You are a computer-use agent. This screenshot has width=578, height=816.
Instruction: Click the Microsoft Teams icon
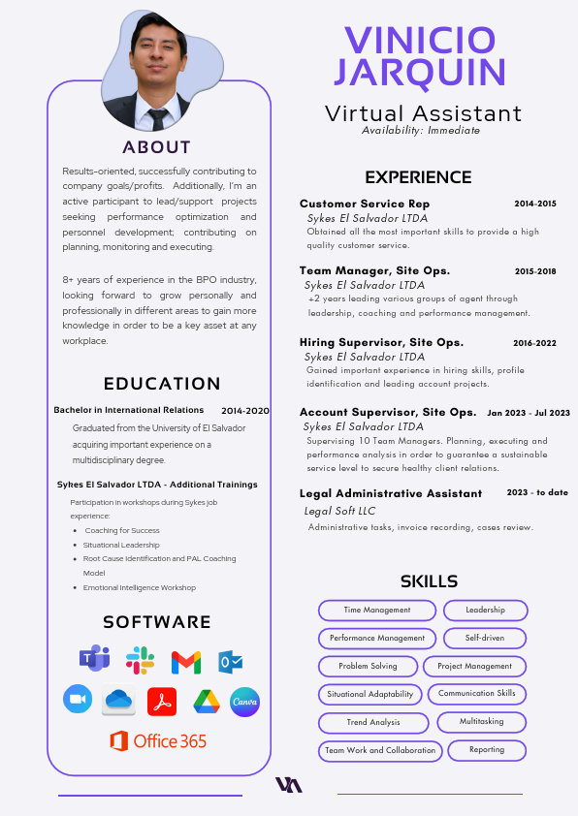click(94, 659)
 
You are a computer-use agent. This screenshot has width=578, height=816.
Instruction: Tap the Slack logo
click(140, 660)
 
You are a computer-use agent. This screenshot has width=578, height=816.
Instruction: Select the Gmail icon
click(186, 662)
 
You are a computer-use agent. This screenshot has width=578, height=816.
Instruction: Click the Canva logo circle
click(244, 702)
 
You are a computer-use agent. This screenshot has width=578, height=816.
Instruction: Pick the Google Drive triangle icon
click(207, 701)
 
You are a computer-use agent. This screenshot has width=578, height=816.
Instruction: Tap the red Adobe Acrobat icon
click(161, 701)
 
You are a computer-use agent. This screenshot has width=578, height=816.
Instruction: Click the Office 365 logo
click(158, 741)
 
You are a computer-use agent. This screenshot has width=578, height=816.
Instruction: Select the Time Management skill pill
click(376, 611)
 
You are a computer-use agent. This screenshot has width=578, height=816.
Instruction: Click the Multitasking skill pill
click(481, 722)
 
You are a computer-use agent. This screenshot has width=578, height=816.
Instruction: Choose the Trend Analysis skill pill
click(373, 723)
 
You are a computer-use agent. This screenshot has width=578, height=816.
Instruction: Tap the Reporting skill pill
click(487, 750)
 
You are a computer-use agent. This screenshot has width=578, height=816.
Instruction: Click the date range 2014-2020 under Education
click(245, 411)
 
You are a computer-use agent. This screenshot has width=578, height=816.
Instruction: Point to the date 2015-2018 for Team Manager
click(535, 271)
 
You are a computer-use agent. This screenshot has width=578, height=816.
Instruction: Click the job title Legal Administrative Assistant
click(391, 493)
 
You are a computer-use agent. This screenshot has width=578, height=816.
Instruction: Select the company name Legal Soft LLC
click(340, 511)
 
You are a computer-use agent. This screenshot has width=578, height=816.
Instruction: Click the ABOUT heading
click(157, 147)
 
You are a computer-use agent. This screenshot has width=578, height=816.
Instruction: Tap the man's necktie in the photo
click(157, 118)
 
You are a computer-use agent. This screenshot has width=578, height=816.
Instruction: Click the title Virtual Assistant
click(423, 113)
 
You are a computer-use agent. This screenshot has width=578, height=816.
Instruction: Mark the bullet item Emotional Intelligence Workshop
click(140, 587)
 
